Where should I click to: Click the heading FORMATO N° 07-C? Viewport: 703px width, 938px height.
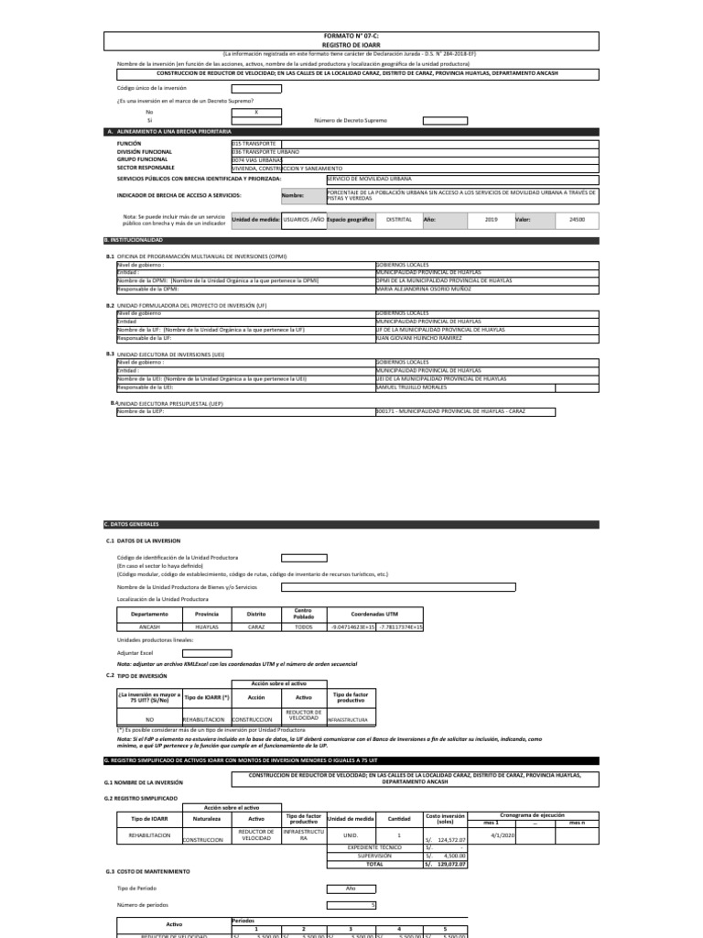pos(351,35)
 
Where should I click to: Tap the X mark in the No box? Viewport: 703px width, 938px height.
pos(256,111)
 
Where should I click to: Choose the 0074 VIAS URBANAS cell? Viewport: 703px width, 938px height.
pos(251,160)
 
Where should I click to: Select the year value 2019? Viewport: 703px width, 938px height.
pos(490,220)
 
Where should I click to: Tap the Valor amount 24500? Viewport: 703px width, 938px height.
pos(577,220)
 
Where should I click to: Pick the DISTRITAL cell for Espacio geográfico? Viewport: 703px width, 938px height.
pos(399,220)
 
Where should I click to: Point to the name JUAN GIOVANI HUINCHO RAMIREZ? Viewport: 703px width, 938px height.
pos(418,337)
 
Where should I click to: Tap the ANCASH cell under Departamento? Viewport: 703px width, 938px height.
pos(148,627)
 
